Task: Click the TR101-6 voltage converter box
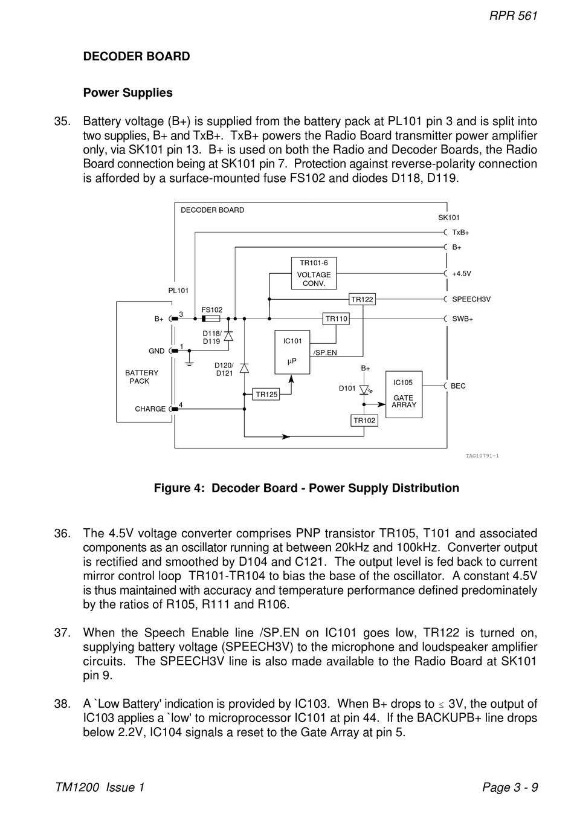click(x=314, y=273)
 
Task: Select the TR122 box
click(x=362, y=299)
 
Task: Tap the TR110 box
click(x=337, y=319)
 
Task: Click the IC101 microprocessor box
click(x=292, y=352)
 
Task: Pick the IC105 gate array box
click(x=404, y=395)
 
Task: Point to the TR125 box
click(x=266, y=395)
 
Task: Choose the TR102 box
click(x=364, y=420)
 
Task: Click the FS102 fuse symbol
click(x=211, y=319)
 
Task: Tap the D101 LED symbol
click(x=364, y=389)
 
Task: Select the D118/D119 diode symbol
click(x=228, y=336)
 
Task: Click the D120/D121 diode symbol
click(x=244, y=368)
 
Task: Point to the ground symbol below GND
click(x=189, y=363)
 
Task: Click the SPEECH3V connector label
click(x=471, y=299)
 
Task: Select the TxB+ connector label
click(x=460, y=233)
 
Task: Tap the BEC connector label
click(x=459, y=386)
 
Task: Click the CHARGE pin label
click(x=150, y=409)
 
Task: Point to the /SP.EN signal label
click(x=325, y=352)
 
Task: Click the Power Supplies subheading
click(x=128, y=92)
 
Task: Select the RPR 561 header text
click(x=514, y=16)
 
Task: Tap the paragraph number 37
click(x=62, y=633)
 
